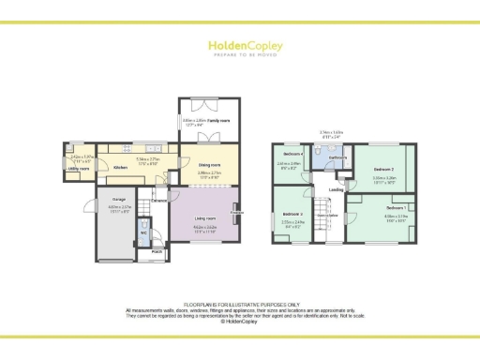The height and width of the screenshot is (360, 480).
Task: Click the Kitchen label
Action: click(120, 169)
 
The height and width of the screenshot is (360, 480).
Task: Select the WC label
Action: click(144, 233)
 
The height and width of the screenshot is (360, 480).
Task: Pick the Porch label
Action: click(157, 251)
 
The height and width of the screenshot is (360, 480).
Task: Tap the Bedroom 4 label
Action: click(292, 154)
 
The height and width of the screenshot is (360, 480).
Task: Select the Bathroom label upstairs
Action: click(337, 157)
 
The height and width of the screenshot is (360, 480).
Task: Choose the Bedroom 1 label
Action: click(396, 207)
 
